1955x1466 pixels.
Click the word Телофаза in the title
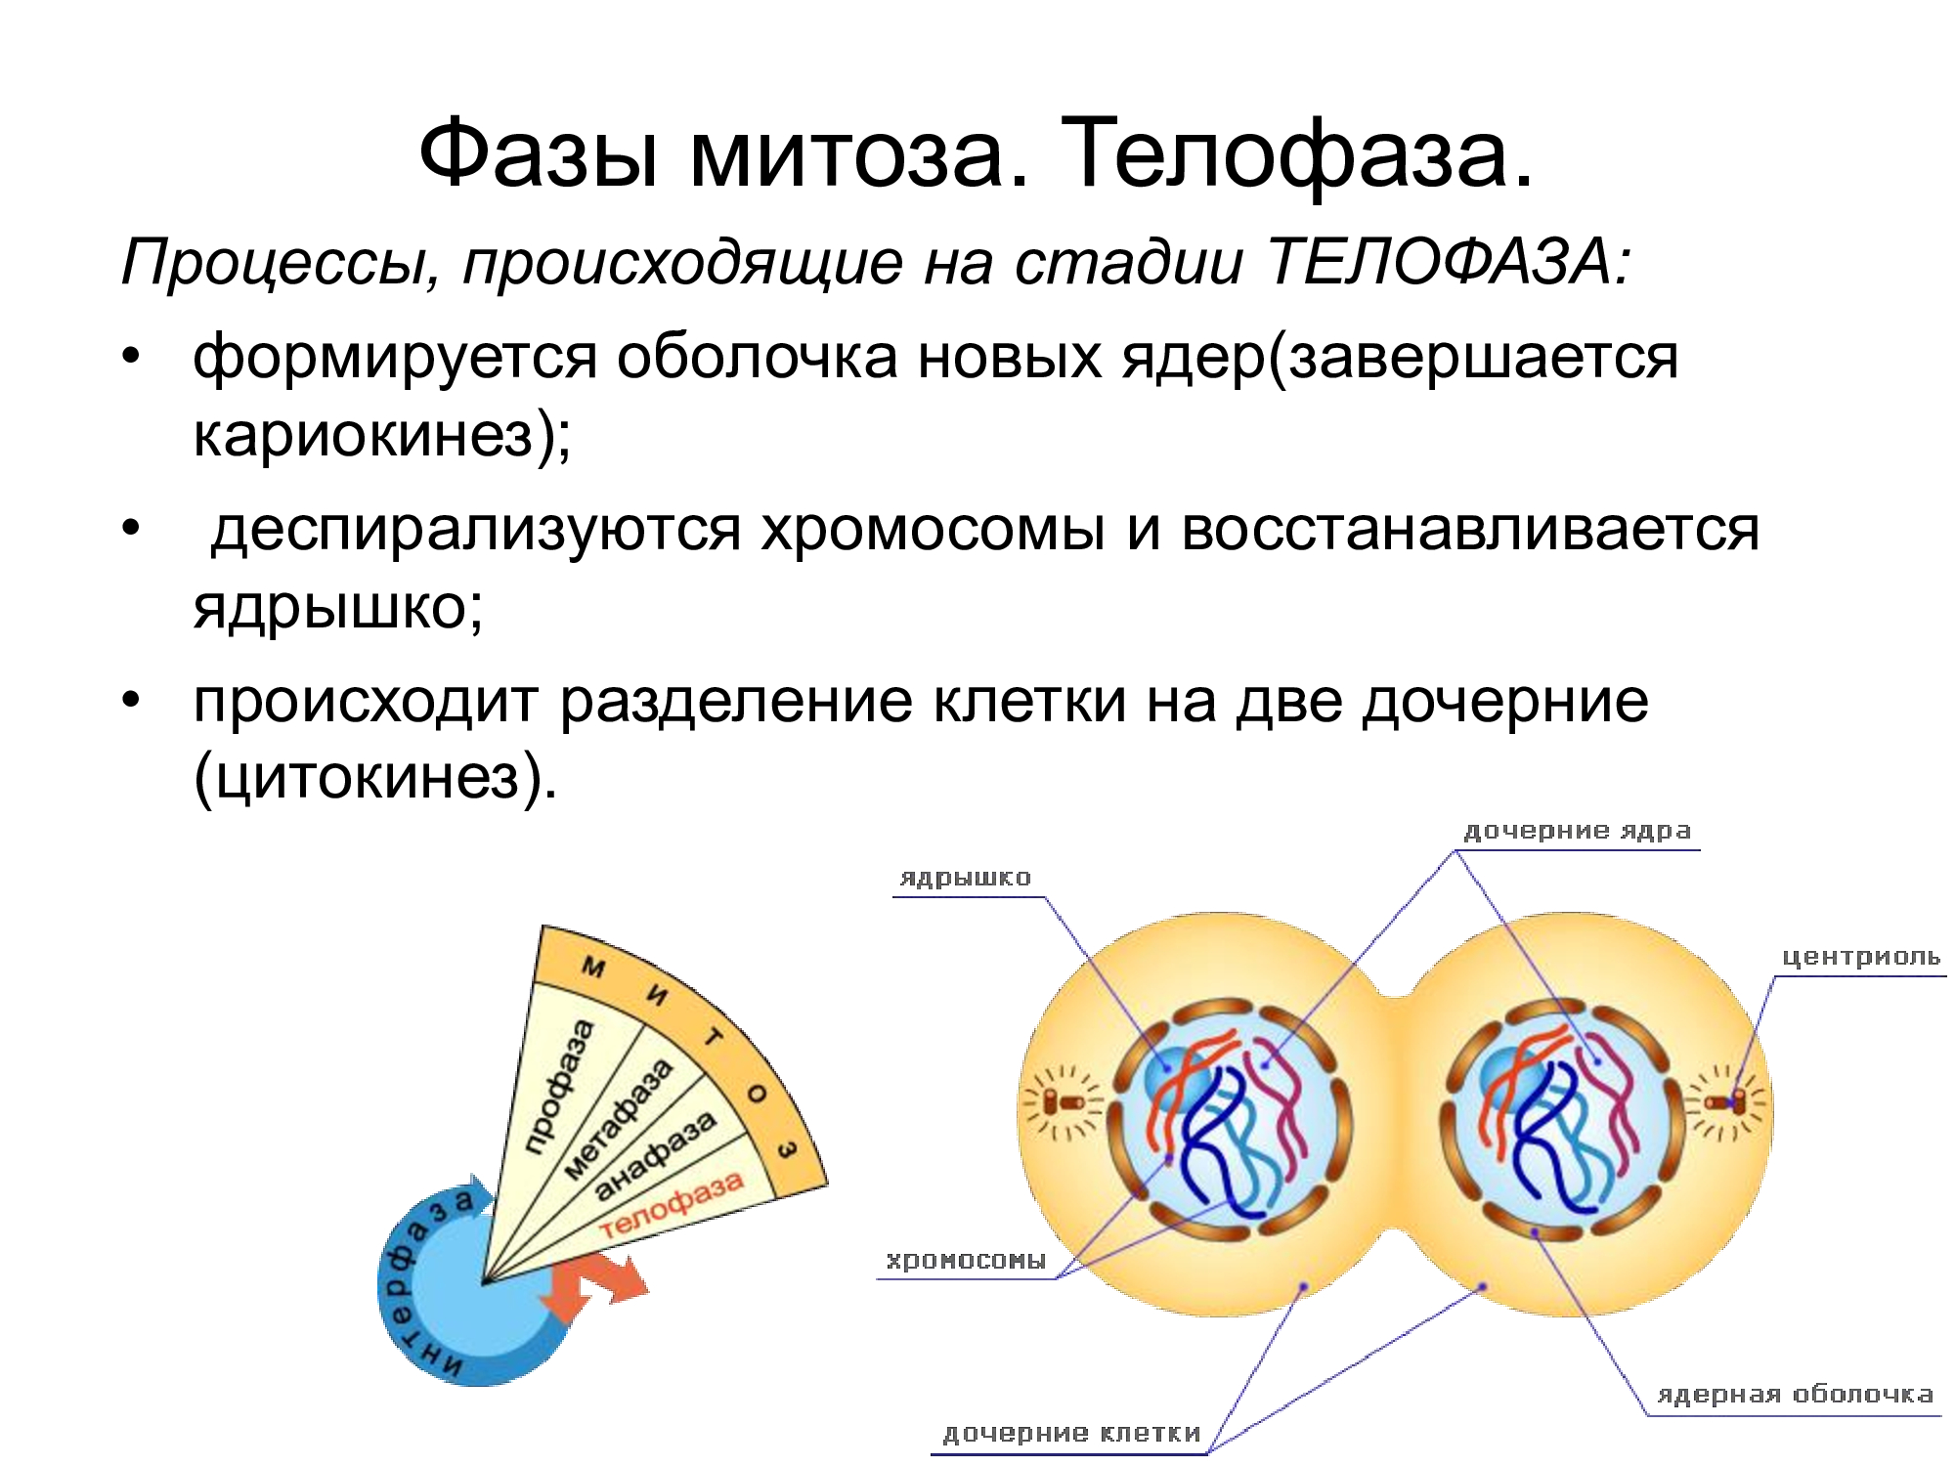pyautogui.click(x=1296, y=154)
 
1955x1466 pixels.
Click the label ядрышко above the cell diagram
pyautogui.click(x=965, y=878)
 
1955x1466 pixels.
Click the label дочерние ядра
pyautogui.click(x=1577, y=832)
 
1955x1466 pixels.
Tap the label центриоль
pyautogui.click(x=1861, y=957)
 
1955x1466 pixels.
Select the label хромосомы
pyautogui.click(x=966, y=1261)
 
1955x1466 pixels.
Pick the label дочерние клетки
pyautogui.click(x=1071, y=1434)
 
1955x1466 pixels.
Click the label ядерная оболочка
pyautogui.click(x=1795, y=1395)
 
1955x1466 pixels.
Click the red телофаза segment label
pyautogui.click(x=672, y=1205)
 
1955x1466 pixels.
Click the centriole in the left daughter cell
pyautogui.click(x=1060, y=1103)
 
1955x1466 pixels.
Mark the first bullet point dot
pyautogui.click(x=131, y=356)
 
